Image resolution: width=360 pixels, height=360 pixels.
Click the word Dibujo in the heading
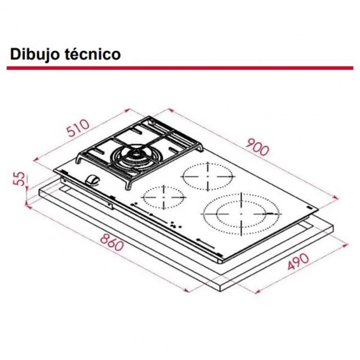click(36, 55)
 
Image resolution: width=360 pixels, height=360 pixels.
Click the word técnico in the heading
click(93, 54)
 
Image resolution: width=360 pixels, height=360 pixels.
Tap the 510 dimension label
click(78, 128)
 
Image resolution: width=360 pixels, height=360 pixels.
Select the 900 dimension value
click(257, 147)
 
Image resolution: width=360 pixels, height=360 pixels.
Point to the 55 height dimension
click(19, 178)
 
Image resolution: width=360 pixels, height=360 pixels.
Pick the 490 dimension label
click(298, 261)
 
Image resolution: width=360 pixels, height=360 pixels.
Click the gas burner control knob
click(92, 179)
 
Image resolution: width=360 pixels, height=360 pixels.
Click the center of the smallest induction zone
click(164, 198)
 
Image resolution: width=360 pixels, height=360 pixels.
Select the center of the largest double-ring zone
click(241, 214)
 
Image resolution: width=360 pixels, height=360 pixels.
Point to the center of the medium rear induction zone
click(208, 176)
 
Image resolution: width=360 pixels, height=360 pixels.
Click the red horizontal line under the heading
click(180, 68)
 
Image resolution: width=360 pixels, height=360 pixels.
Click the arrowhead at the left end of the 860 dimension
click(28, 206)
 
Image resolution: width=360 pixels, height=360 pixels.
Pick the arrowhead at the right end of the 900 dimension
click(336, 198)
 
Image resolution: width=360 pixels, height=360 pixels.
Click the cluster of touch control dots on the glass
click(175, 225)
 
